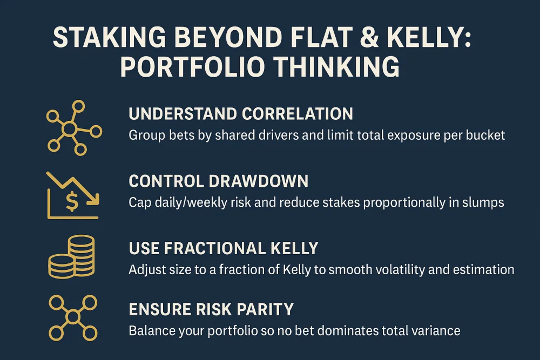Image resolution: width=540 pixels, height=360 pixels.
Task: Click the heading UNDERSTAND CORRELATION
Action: [241, 114]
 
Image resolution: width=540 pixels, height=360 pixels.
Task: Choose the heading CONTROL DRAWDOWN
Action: [219, 181]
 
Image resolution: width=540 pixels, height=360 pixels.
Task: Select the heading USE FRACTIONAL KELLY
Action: [224, 248]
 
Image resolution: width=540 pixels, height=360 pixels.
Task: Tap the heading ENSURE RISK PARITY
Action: [211, 309]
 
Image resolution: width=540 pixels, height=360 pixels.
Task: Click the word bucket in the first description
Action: [485, 135]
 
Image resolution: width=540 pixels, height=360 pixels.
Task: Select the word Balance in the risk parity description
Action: [150, 330]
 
